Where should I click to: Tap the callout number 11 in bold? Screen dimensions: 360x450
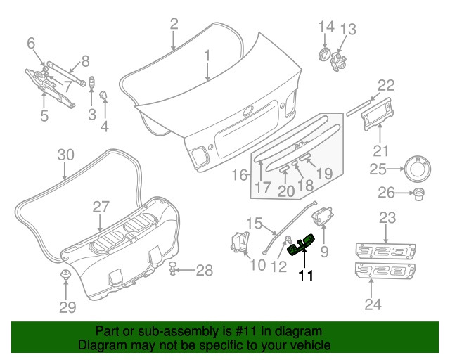pyautogui.click(x=305, y=276)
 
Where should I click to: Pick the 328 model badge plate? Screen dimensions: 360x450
pyautogui.click(x=386, y=271)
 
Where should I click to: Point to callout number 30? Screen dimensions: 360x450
pyautogui.click(x=65, y=155)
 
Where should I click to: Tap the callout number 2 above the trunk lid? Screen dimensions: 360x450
pyautogui.click(x=174, y=25)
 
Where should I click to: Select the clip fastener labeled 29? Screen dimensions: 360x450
pyautogui.click(x=65, y=275)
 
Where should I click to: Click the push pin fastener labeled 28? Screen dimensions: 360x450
pyautogui.click(x=173, y=269)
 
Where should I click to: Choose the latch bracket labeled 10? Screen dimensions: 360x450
pyautogui.click(x=238, y=242)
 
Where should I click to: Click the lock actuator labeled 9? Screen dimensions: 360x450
pyautogui.click(x=325, y=215)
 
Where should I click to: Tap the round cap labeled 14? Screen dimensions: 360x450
pyautogui.click(x=325, y=55)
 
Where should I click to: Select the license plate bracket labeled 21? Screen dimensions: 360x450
pyautogui.click(x=381, y=115)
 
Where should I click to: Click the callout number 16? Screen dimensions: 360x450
pyautogui.click(x=236, y=174)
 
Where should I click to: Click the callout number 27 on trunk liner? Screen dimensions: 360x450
pyautogui.click(x=101, y=206)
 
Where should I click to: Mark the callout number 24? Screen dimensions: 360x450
pyautogui.click(x=371, y=304)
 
